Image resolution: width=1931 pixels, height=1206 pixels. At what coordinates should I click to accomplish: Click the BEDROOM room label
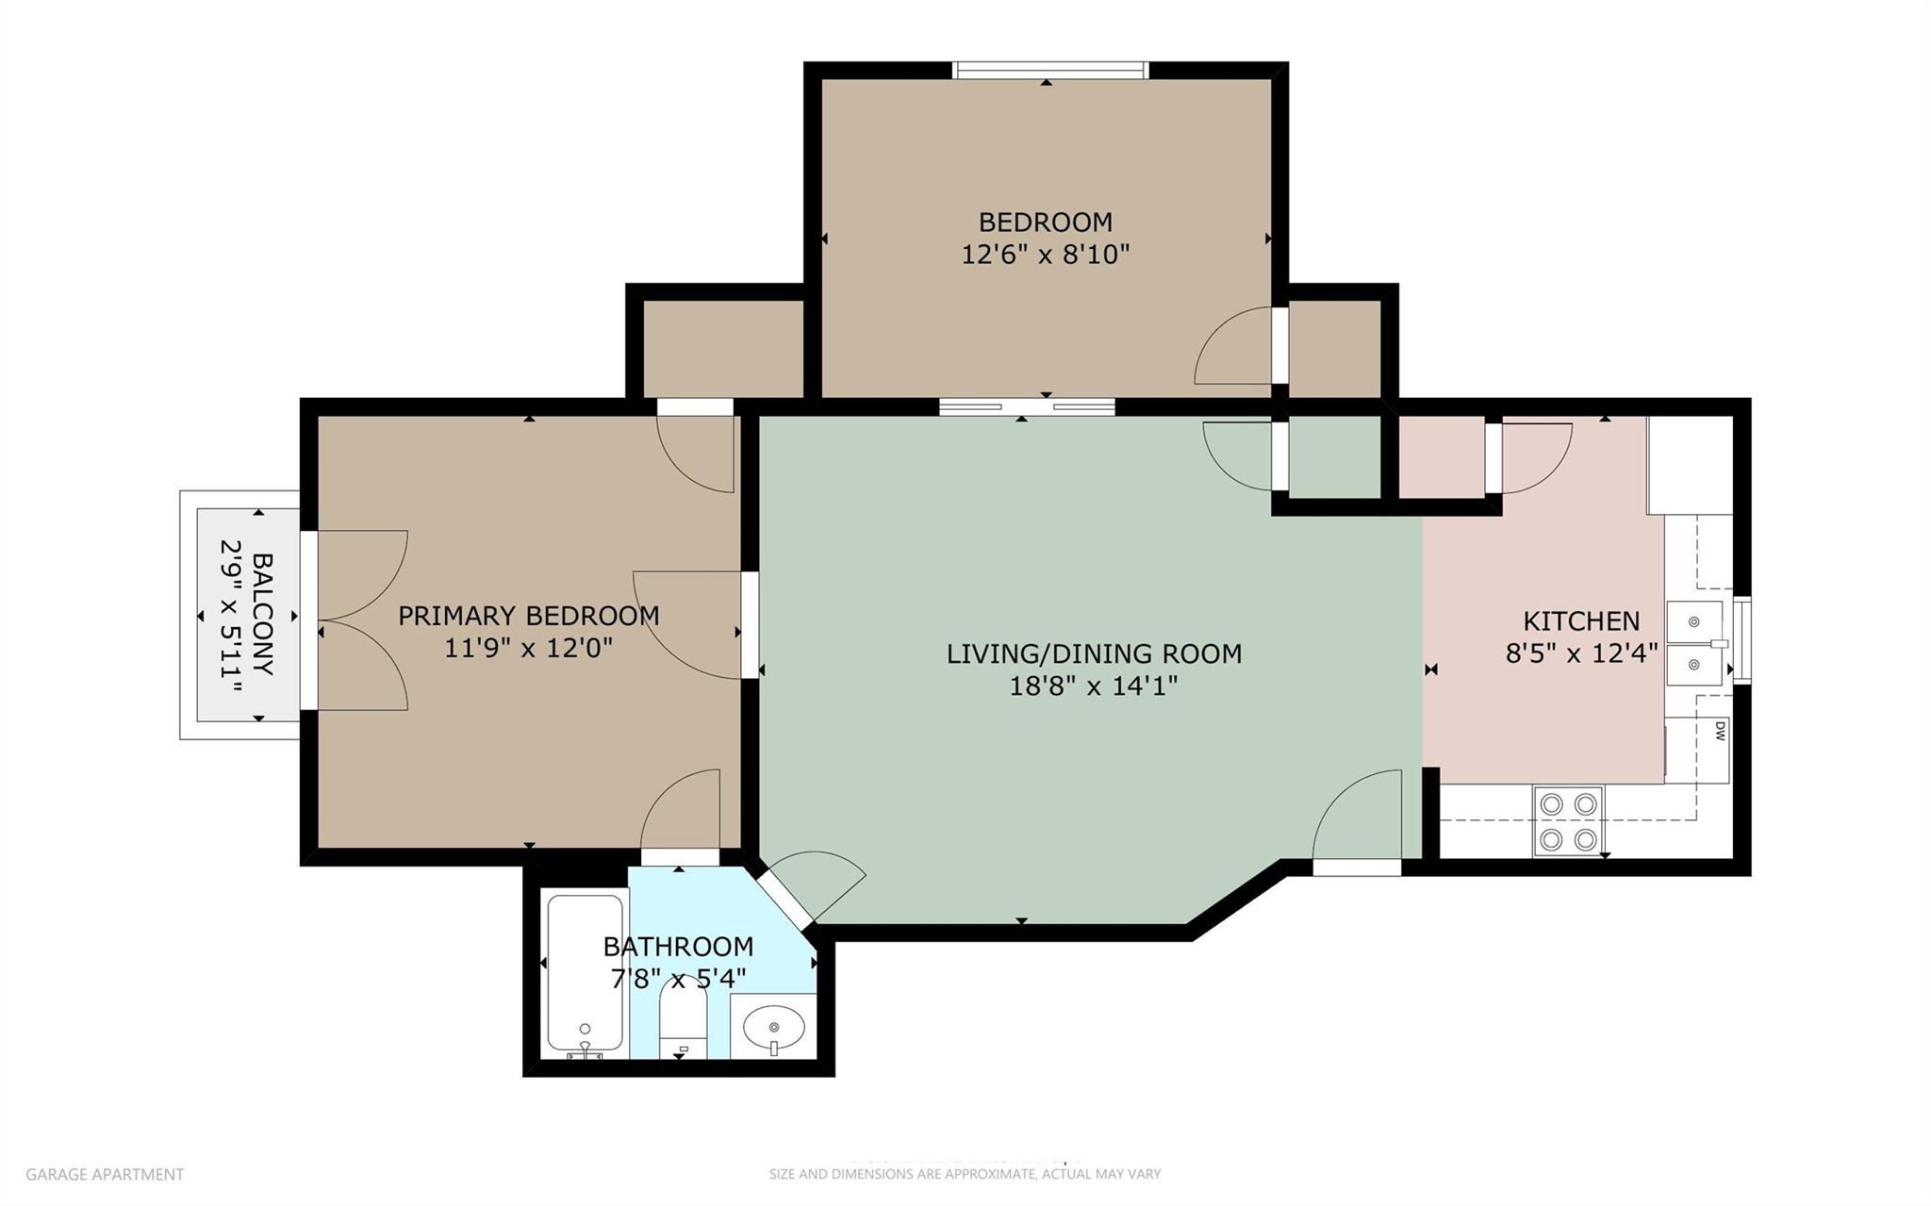click(1045, 223)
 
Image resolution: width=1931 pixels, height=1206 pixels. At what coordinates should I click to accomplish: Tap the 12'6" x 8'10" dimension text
click(1045, 255)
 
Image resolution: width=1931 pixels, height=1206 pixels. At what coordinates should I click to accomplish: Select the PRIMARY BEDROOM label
click(528, 616)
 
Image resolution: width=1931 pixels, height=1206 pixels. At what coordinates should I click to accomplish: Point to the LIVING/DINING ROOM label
click(1094, 653)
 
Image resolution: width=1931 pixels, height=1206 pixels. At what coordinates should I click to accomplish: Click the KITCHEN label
click(1581, 621)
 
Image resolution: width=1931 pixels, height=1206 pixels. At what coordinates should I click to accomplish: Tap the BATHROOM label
click(678, 946)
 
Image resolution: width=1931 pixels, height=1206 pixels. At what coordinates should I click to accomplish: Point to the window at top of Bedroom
click(1049, 71)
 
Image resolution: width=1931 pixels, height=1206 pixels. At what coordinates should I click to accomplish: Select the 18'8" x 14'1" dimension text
click(1094, 686)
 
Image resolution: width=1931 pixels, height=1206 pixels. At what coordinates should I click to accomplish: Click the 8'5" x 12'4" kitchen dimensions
click(1581, 653)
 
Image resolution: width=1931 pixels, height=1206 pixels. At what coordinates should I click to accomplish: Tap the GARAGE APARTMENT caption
click(105, 1174)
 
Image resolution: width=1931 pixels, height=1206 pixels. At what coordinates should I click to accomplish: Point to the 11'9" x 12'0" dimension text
click(528, 648)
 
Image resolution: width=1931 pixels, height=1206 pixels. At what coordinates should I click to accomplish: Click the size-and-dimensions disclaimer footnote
click(965, 1174)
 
